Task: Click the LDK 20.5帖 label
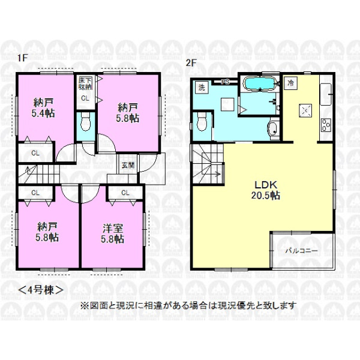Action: (x=265, y=190)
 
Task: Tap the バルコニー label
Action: (x=301, y=251)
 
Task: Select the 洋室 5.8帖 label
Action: (x=113, y=233)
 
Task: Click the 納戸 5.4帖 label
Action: (x=43, y=108)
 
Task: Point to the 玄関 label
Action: (x=128, y=165)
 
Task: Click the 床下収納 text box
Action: (x=85, y=84)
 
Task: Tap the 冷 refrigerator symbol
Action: (x=290, y=83)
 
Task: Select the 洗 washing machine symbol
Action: (x=202, y=88)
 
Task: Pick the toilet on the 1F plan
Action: (x=85, y=122)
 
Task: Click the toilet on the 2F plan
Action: (x=202, y=122)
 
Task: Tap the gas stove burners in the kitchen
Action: (x=326, y=125)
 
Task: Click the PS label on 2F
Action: (x=225, y=82)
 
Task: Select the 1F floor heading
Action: (x=23, y=58)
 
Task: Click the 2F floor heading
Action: (x=191, y=64)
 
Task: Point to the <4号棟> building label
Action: (x=40, y=290)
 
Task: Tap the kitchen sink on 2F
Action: (x=326, y=94)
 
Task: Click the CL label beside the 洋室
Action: (x=125, y=193)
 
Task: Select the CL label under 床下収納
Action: (x=85, y=98)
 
